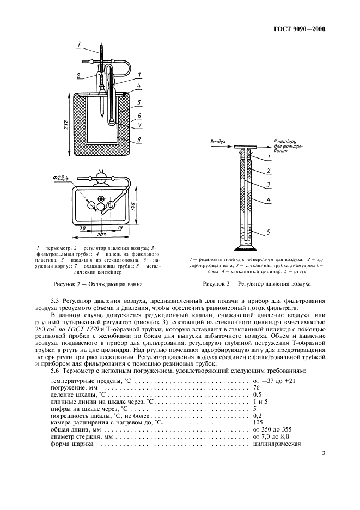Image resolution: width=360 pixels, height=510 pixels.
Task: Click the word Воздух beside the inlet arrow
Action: (x=217, y=141)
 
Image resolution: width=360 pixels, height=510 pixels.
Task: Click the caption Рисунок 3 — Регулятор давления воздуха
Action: (x=257, y=284)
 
